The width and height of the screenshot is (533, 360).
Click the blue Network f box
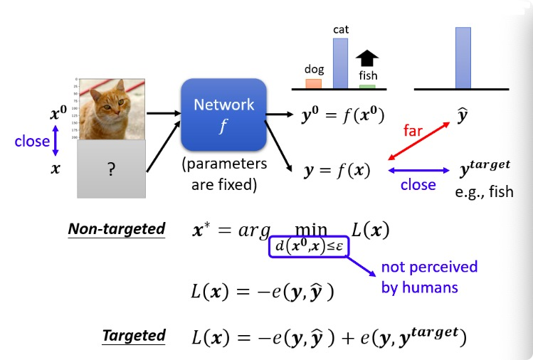(x=223, y=115)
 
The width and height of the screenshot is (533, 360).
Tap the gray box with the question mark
(x=111, y=169)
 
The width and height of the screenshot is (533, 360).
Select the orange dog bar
(x=313, y=84)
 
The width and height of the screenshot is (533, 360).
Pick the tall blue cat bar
(x=340, y=63)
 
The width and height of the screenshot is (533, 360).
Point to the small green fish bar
(x=367, y=87)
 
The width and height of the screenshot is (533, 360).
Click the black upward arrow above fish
(x=367, y=58)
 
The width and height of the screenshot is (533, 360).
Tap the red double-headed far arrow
(x=418, y=141)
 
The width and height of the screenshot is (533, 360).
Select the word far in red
(x=413, y=130)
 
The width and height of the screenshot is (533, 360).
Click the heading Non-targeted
(x=117, y=229)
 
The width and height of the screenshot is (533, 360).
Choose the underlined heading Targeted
(x=134, y=336)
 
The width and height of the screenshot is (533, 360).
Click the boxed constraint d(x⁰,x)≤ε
(x=309, y=246)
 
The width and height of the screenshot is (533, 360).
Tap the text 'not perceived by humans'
(x=429, y=277)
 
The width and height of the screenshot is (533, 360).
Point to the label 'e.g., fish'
(x=484, y=191)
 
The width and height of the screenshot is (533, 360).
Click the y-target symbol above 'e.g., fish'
(x=485, y=168)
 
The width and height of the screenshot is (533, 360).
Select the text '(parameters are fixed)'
(x=224, y=174)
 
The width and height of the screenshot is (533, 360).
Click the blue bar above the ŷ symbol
(x=463, y=58)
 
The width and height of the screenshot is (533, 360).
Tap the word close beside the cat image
(x=32, y=142)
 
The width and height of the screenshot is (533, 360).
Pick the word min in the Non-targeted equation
(x=311, y=229)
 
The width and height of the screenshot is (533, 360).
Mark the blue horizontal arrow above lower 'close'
(x=418, y=171)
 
